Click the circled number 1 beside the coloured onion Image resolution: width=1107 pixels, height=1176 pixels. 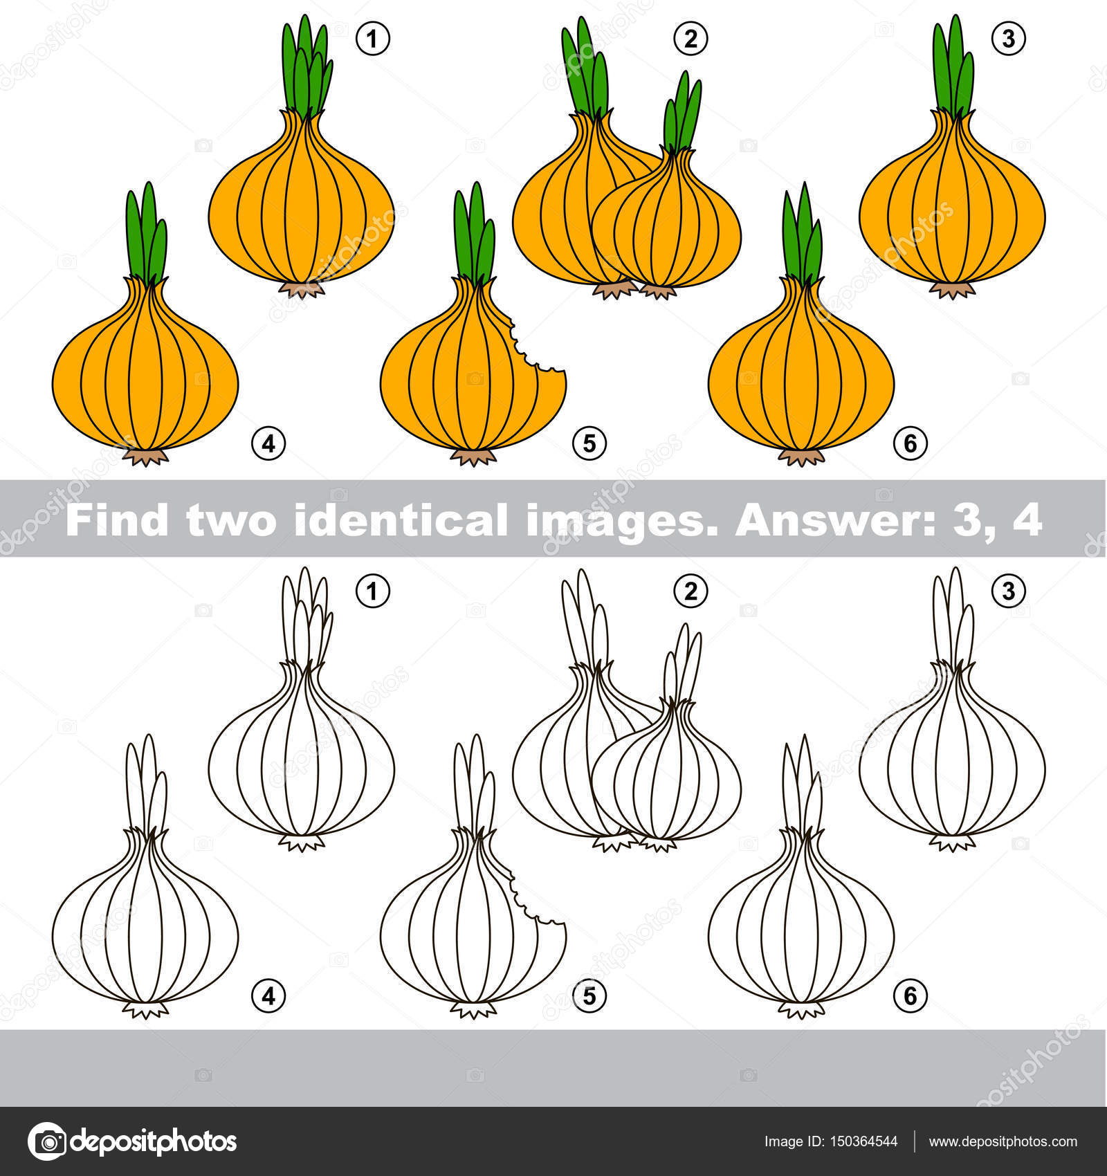point(373,39)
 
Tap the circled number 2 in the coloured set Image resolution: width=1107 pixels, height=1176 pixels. point(690,39)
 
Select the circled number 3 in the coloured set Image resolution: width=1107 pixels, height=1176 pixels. point(1008,39)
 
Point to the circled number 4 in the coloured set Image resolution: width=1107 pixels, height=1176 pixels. point(268,443)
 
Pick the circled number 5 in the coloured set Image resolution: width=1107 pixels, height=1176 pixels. point(589,443)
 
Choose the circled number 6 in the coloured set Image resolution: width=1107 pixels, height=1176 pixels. point(910,443)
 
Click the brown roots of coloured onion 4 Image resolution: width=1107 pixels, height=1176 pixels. point(145,457)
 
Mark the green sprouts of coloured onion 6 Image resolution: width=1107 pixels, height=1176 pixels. point(803,233)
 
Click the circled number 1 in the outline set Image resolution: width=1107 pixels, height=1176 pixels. point(373,591)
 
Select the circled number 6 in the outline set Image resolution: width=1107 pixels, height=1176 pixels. point(910,995)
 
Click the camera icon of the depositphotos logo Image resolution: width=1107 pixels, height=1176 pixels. point(46,1141)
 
